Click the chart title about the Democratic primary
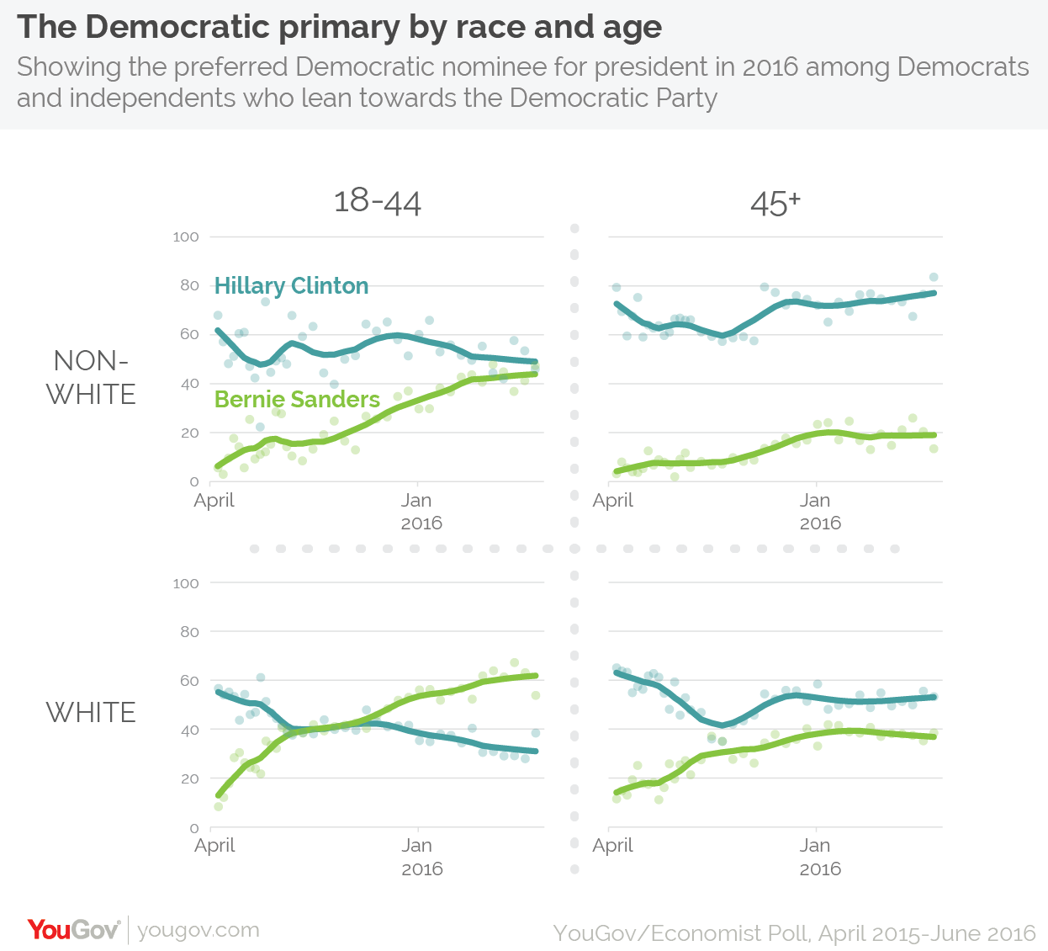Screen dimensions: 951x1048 coord(339,27)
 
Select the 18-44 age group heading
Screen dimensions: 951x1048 coord(377,202)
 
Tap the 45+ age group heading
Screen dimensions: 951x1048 coord(775,204)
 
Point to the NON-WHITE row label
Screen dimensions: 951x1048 coord(91,378)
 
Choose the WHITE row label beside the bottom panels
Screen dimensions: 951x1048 coord(91,713)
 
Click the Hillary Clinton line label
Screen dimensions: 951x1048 coord(291,286)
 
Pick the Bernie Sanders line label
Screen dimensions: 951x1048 coord(297,399)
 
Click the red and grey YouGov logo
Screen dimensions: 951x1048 coord(73,930)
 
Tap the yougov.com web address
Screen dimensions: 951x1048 coord(198,930)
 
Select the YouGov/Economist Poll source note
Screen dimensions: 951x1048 coord(794,933)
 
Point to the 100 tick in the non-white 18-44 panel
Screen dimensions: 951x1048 coord(186,237)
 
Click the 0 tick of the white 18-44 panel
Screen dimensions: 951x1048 coord(194,829)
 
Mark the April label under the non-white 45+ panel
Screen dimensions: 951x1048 coord(612,501)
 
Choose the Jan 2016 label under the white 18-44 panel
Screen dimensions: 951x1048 coord(419,857)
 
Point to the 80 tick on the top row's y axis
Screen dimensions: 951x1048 coord(189,286)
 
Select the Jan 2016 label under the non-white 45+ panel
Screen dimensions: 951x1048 coord(818,511)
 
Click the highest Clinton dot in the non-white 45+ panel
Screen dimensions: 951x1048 coord(934,277)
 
